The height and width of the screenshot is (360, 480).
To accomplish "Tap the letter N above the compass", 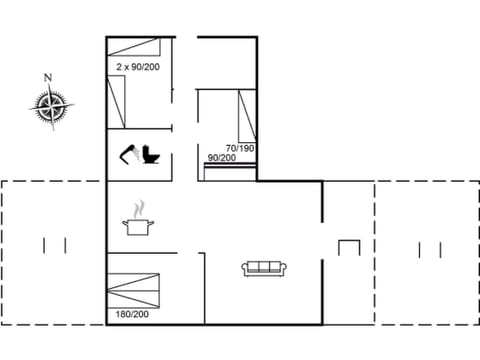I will click(x=47, y=77).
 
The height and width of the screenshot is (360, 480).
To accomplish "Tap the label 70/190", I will click(x=241, y=147).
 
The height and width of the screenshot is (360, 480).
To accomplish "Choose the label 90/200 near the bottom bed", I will click(x=221, y=158).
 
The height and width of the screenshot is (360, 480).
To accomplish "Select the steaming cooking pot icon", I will click(x=137, y=223).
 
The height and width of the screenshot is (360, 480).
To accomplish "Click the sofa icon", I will click(x=265, y=268).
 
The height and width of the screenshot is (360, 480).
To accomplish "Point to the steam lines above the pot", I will click(x=137, y=209).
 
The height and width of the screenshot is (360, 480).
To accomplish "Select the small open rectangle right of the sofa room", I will click(x=348, y=247).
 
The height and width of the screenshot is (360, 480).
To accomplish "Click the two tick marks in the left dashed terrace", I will click(x=55, y=244).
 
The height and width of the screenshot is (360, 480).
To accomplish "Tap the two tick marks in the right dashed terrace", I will click(x=430, y=249).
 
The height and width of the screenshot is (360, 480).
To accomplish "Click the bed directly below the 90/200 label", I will click(x=229, y=169).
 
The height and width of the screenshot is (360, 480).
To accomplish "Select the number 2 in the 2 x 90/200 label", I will click(x=118, y=66).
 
